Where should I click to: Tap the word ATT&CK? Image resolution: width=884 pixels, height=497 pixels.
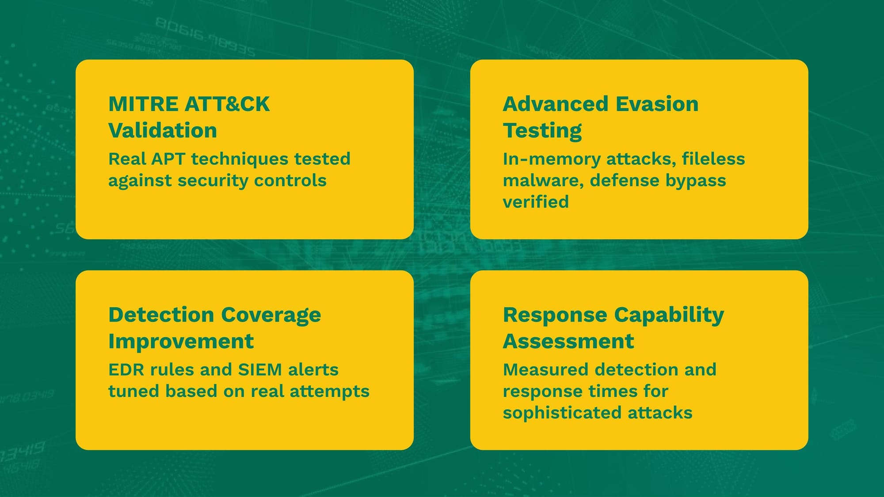point(227,104)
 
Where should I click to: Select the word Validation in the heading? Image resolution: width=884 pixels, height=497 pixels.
point(163,131)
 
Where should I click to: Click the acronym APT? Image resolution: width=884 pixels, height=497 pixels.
point(168,159)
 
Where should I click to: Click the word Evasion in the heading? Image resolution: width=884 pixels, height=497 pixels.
point(657,104)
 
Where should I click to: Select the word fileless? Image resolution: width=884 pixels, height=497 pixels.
point(713,159)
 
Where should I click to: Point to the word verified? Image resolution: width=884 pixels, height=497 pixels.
point(536,202)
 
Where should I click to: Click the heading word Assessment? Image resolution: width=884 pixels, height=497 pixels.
point(568,341)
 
